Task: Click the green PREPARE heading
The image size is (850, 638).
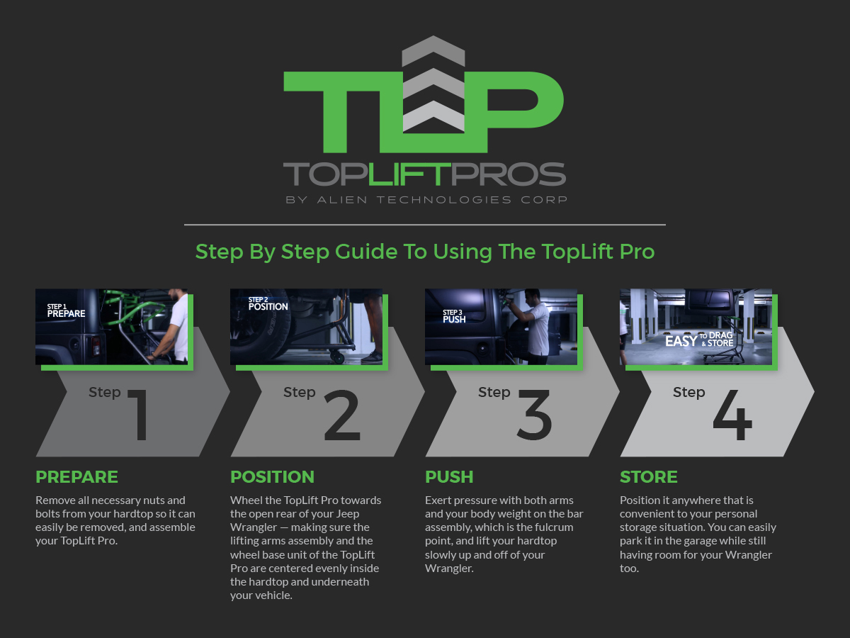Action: click(x=76, y=476)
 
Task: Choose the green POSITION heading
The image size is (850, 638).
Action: click(x=272, y=476)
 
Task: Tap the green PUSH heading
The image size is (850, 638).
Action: click(x=449, y=476)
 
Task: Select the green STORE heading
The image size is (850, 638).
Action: click(x=648, y=476)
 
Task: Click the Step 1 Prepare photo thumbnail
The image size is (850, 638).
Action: click(x=112, y=327)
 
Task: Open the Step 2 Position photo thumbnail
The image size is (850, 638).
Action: click(x=306, y=327)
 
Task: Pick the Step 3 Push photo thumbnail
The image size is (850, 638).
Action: click(x=501, y=327)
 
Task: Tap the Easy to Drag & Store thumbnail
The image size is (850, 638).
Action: click(x=696, y=327)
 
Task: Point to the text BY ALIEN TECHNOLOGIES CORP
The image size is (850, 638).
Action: click(x=426, y=200)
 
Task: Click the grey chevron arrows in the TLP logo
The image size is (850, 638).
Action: click(x=433, y=85)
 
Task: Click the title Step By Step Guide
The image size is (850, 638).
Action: click(x=425, y=252)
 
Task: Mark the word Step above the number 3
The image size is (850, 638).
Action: click(x=494, y=392)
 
